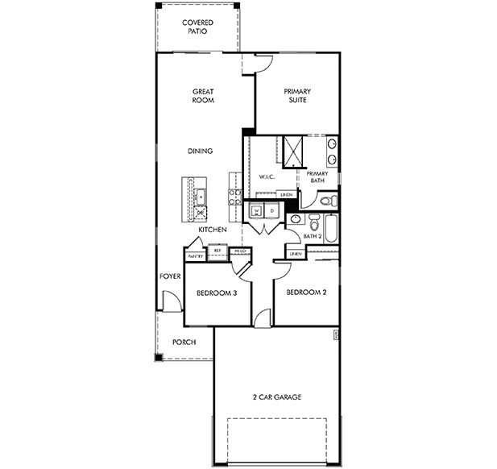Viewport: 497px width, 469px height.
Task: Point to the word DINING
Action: [x=200, y=151]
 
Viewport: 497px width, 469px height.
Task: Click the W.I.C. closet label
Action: [x=268, y=176]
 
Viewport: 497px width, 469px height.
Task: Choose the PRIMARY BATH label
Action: [x=316, y=177]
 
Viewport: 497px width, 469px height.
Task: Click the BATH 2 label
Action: [x=313, y=236]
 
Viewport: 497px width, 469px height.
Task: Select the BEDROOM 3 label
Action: [x=216, y=293]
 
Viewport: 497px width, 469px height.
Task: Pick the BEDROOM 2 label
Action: [x=306, y=293]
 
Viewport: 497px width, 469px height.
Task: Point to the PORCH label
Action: [x=184, y=341]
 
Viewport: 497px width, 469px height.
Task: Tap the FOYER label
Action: [x=169, y=276]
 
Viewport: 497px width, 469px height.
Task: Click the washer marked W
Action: [x=256, y=211]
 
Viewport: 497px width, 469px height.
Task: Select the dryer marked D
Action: [x=271, y=211]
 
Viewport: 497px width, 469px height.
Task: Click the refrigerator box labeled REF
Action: [x=217, y=251]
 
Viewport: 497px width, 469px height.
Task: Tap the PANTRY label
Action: [x=195, y=256]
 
